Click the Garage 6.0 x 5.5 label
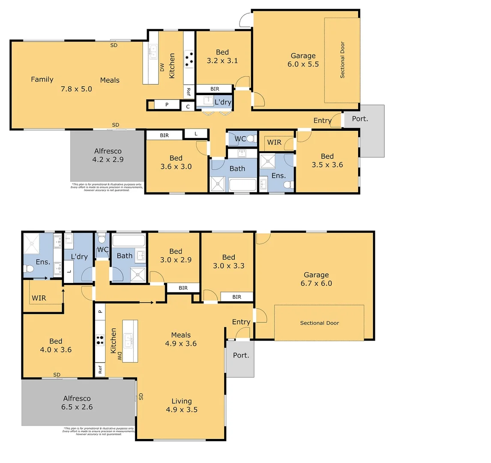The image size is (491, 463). point(303,60)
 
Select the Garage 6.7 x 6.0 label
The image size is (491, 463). point(316,279)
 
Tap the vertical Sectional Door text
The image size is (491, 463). point(342,60)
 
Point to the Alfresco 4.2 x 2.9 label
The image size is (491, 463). point(108,155)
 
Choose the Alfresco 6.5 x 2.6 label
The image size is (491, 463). point(77,403)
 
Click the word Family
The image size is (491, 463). point(42,79)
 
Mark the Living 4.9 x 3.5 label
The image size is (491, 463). point(182,405)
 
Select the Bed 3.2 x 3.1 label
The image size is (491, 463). point(222,57)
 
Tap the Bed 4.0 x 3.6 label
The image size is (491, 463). point(56,346)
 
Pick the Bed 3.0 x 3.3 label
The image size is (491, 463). point(228,262)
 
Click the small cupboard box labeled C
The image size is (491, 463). point(188,107)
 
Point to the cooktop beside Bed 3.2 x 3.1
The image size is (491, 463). point(189,60)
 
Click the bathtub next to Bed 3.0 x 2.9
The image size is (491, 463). point(129,241)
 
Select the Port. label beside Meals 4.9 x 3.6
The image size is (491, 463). point(241,355)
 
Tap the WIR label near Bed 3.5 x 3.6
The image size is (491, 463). point(274,142)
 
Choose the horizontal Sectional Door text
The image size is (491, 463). point(319,323)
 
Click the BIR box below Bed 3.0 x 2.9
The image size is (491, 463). point(183,288)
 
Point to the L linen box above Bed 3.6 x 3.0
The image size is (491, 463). point(196,134)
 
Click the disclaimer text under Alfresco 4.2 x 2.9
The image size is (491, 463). point(107,187)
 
